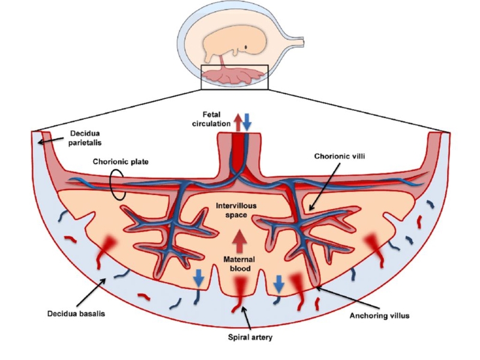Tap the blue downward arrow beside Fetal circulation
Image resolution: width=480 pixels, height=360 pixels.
(x=247, y=121)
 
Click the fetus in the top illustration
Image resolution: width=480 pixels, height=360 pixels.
(x=227, y=45)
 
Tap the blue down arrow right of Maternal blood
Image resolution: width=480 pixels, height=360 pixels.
(x=279, y=283)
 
